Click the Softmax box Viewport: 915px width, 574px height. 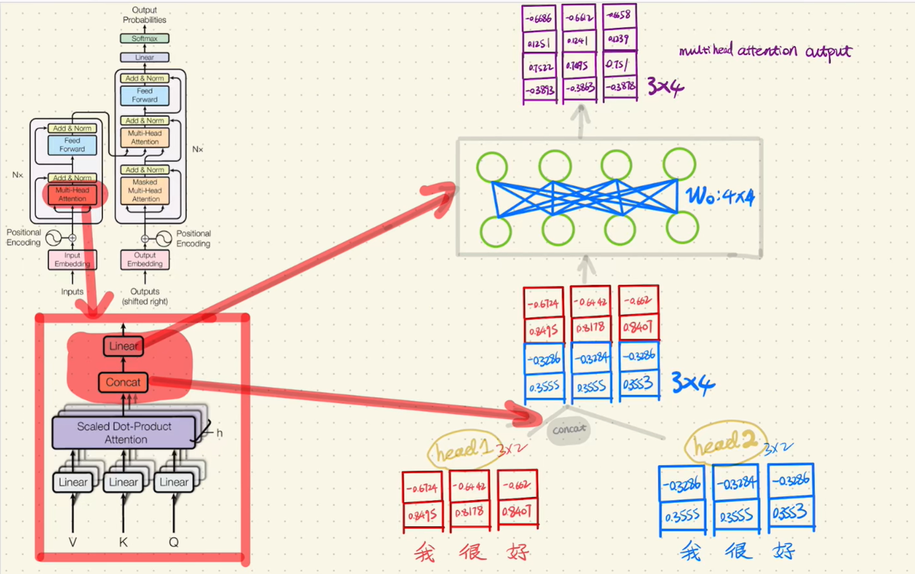pos(144,38)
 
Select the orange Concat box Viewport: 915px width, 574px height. pos(123,382)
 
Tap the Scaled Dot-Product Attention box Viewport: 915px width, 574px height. pos(125,432)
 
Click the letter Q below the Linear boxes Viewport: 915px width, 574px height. pos(174,542)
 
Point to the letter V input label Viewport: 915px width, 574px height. pos(72,542)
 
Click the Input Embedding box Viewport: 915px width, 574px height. pos(72,259)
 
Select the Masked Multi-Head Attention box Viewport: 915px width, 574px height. pos(144,191)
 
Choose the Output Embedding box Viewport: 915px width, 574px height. pos(145,259)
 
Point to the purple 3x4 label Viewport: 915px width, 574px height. pos(665,87)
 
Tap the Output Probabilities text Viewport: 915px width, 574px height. pos(144,15)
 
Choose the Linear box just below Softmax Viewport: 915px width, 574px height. pos(144,57)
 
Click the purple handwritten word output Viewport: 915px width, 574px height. pos(829,51)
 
